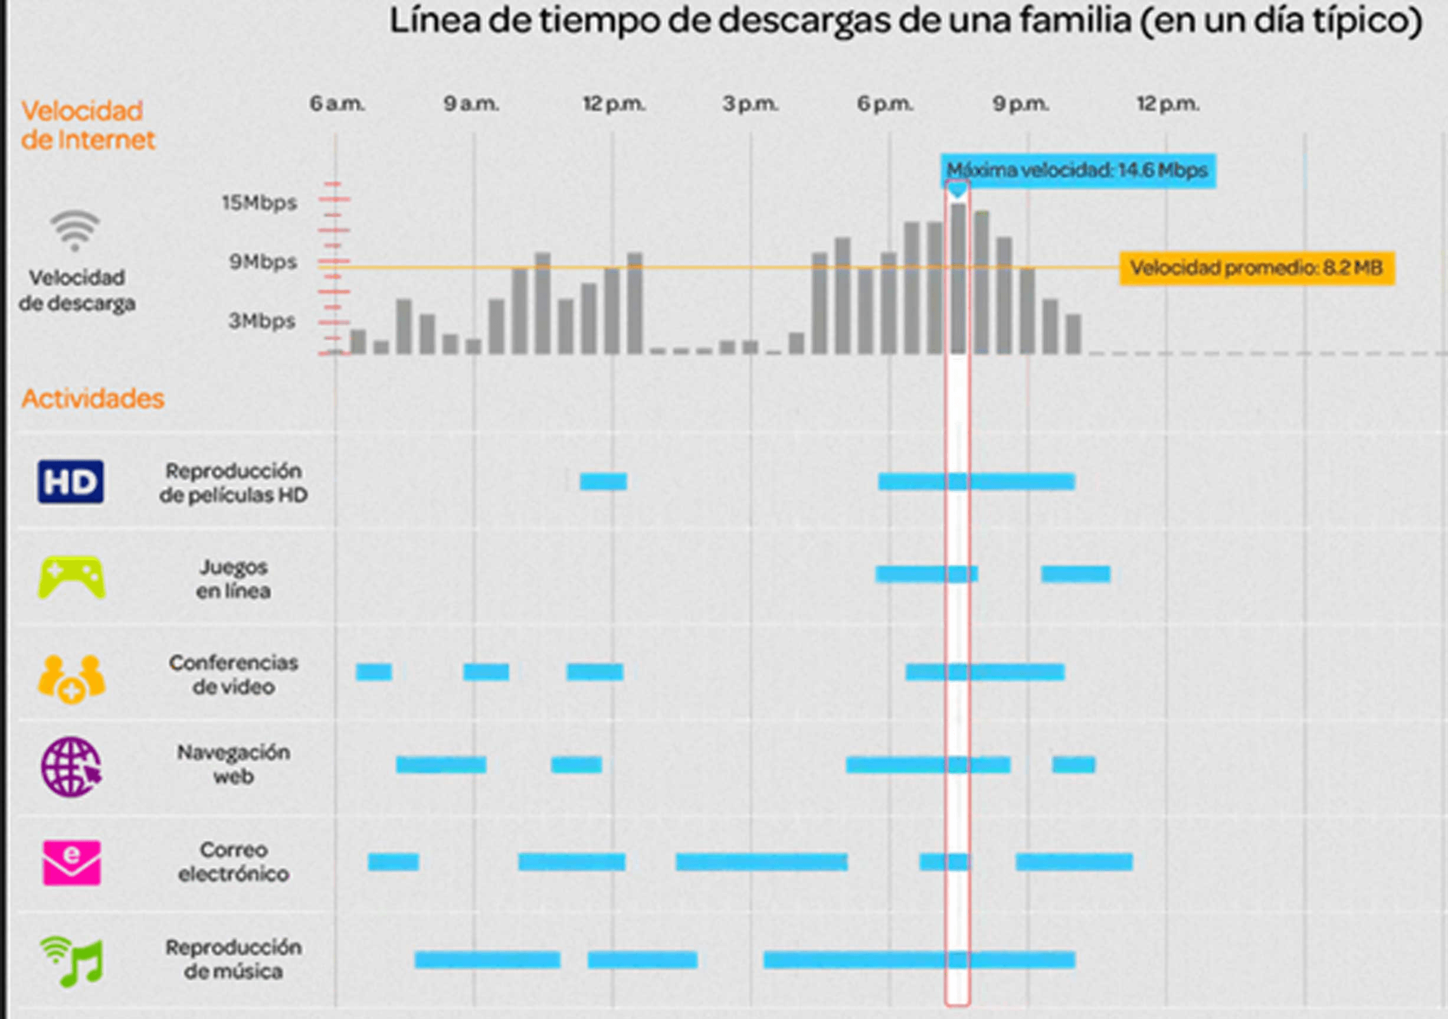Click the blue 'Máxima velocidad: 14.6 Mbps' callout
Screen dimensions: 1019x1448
pos(1078,171)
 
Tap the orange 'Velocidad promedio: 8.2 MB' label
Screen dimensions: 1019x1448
pos(1256,268)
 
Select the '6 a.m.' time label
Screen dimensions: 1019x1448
pos(337,103)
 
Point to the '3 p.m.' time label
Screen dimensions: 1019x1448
pos(750,103)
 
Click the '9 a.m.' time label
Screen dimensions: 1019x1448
pos(471,103)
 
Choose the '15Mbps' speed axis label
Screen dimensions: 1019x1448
pos(259,203)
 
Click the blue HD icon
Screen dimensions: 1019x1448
pos(71,482)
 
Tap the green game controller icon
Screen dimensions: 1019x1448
pos(71,577)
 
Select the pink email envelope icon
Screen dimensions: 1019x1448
pos(71,862)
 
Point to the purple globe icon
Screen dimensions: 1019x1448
pos(71,767)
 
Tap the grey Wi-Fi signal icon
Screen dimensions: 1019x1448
pos(75,230)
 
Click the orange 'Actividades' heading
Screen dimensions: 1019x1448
pos(93,399)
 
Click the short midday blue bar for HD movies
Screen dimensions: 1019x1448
pos(603,481)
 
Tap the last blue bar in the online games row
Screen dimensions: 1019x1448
pos(1075,573)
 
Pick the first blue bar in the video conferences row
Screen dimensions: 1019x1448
pos(374,672)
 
